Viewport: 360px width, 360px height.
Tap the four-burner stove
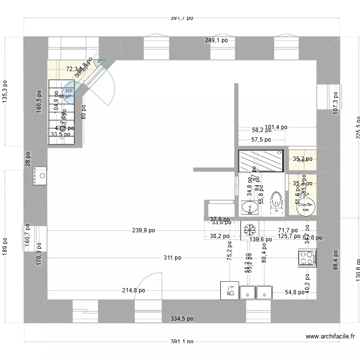click(307, 258)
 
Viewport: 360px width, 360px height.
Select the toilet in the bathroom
click(276, 202)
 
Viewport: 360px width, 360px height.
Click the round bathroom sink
click(249, 208)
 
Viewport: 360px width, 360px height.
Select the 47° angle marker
click(100, 62)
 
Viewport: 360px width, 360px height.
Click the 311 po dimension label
click(172, 258)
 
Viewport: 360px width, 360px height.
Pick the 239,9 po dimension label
click(144, 230)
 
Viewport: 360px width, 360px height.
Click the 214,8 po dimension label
click(133, 290)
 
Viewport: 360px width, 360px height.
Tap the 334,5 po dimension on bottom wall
click(182, 318)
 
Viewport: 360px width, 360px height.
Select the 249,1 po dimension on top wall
click(216, 41)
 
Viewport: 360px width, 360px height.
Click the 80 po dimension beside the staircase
click(84, 112)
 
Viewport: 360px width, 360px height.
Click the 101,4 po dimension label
click(276, 127)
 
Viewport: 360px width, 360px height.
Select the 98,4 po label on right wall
click(336, 259)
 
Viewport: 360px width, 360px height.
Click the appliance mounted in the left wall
click(39, 176)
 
